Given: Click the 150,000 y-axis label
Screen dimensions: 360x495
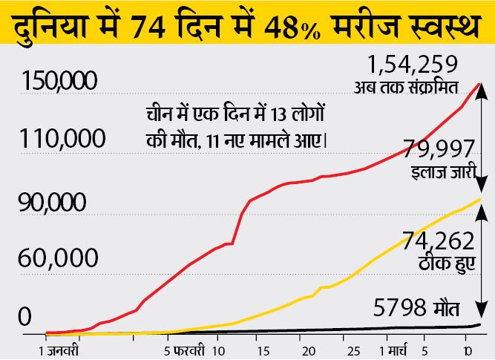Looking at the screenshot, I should (65, 82).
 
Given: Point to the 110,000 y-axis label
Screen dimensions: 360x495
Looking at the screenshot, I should (62, 139).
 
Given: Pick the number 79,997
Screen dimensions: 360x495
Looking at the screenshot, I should (439, 151).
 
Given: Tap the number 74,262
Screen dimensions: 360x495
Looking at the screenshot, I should (438, 242).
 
